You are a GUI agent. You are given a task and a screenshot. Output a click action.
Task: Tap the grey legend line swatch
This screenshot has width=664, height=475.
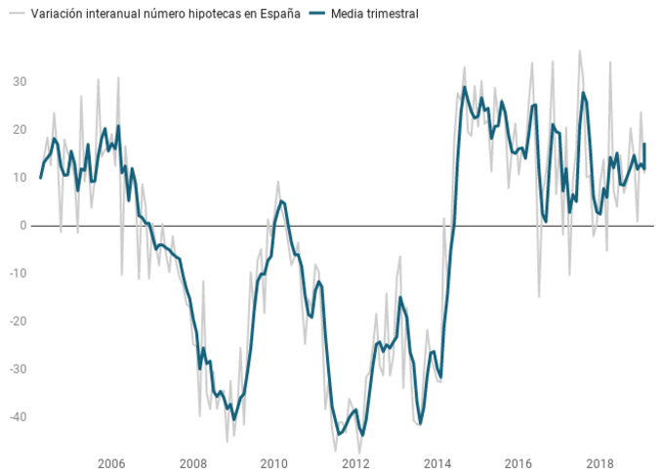pos(16,15)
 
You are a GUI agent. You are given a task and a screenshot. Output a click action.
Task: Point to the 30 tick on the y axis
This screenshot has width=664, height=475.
pos(19,81)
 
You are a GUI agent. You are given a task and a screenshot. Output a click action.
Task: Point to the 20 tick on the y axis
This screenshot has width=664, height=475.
pos(19,129)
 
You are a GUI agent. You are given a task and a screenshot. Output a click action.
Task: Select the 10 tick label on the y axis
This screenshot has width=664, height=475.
pos(19,177)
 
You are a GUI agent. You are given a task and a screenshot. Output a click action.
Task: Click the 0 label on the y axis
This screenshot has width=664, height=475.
pos(22,225)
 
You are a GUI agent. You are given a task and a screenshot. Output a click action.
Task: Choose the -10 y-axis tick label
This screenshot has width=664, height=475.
pos(17,273)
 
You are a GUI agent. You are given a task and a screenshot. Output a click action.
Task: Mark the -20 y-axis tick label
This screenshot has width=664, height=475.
pos(17,321)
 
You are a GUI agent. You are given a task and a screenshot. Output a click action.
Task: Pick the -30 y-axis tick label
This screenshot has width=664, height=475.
pos(17,368)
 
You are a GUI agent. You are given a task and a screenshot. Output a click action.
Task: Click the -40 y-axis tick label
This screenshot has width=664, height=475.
pos(17,416)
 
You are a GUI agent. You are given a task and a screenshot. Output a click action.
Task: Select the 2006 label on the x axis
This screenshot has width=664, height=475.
pos(111,463)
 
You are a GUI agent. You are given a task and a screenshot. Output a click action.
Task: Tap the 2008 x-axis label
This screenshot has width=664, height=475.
pos(193,463)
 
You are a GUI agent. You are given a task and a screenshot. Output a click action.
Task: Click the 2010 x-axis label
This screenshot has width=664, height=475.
pos(274,463)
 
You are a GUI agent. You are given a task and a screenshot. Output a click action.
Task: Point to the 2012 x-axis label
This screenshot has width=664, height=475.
pos(356,463)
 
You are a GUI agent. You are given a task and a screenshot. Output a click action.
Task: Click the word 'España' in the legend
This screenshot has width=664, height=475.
pos(278,15)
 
